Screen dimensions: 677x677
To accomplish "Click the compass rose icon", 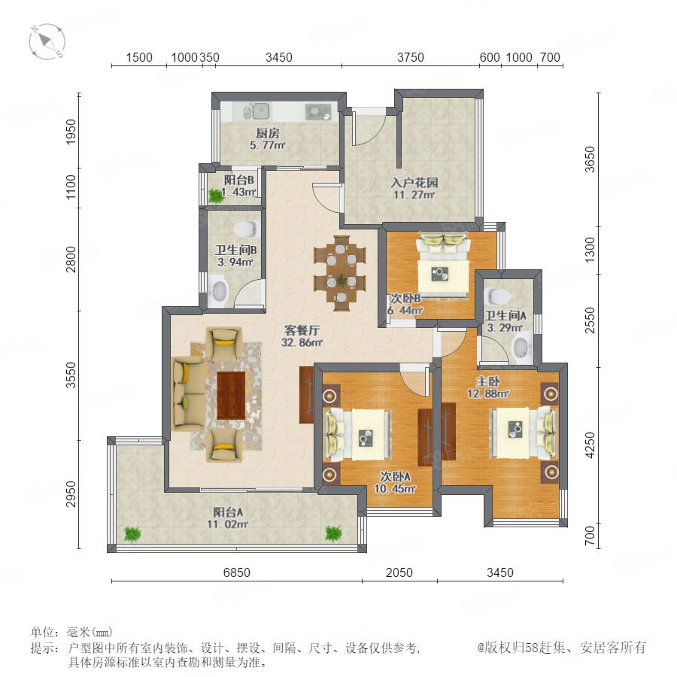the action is pos(47,42).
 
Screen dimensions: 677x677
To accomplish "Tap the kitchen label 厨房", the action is pos(268,133).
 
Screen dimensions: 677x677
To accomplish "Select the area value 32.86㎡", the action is pos(302,343).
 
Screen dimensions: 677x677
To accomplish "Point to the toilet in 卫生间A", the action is pos(498,296).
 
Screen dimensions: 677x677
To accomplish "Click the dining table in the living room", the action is pos(341,273).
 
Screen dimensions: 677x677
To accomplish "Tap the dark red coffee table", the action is pos(231,396).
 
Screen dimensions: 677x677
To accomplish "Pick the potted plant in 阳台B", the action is pos(215,196).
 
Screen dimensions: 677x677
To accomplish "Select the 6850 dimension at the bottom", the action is pos(237,572).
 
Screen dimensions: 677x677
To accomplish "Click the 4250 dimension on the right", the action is pos(589,445).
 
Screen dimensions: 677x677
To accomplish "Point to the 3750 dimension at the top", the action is pos(411,57).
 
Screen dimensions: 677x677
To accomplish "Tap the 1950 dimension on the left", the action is pos(71,132).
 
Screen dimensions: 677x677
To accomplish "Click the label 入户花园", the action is pos(414,183).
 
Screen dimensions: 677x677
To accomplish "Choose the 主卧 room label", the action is pos(488,381).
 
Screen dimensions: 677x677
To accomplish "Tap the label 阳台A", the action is pos(227,512).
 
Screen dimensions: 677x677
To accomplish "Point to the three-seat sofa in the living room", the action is pos(189,393).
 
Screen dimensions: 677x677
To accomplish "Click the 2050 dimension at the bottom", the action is pos(399,572).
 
